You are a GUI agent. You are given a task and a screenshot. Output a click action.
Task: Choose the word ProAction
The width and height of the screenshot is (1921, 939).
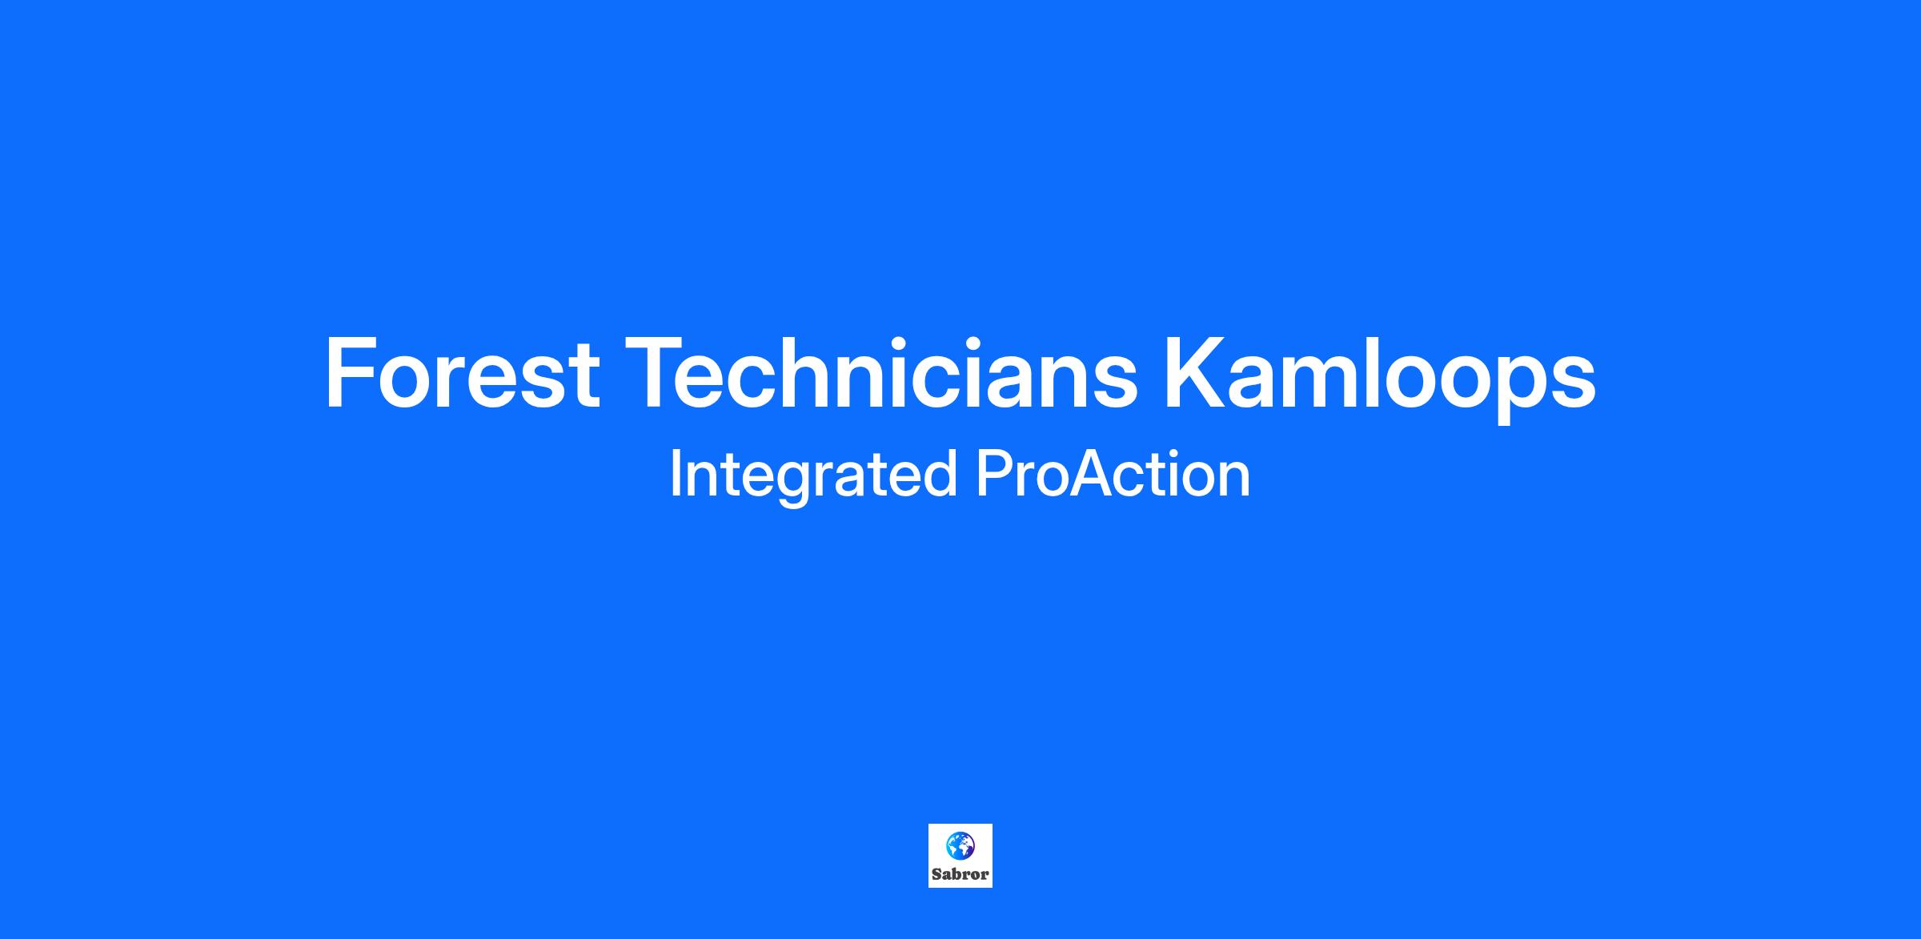[1113, 475]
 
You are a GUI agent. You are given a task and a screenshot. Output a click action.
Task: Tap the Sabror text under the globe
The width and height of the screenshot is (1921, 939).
[960, 874]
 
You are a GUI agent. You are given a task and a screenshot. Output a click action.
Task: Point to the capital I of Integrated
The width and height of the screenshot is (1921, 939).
[675, 475]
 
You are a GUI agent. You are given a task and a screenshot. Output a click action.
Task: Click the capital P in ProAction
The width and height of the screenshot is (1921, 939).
[994, 475]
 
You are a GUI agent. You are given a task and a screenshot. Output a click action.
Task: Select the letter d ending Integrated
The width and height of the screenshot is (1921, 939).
[940, 474]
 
